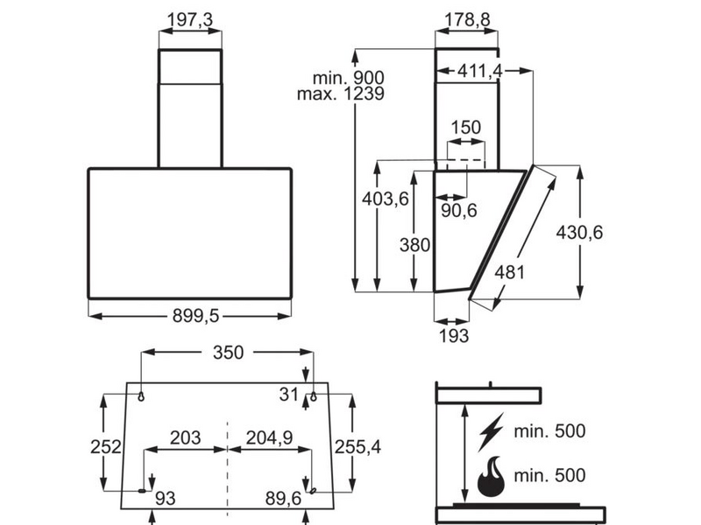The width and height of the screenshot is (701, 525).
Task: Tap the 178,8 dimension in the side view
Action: (x=466, y=19)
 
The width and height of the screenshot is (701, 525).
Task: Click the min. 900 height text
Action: (x=340, y=75)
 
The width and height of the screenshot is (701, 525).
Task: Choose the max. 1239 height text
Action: (x=341, y=93)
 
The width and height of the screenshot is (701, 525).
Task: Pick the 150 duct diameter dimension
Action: (x=465, y=127)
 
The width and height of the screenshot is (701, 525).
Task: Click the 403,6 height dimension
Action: (x=385, y=199)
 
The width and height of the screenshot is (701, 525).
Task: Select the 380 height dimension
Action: (x=414, y=246)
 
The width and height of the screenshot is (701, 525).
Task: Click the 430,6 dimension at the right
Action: (x=579, y=232)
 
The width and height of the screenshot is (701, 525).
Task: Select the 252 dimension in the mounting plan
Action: (x=105, y=446)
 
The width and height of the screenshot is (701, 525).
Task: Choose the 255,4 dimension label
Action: (x=357, y=446)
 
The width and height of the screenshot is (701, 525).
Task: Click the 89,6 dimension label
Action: (x=286, y=498)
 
